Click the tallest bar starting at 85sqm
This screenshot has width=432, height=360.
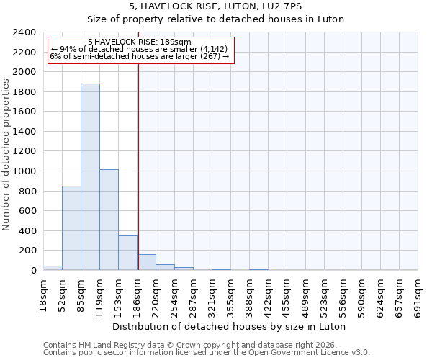tap(90, 176)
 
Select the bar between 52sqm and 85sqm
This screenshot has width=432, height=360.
tap(71, 228)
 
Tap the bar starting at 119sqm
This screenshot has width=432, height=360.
tap(109, 220)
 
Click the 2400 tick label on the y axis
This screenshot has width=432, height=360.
tap(25, 32)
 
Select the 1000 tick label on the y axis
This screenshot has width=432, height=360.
tap(25, 171)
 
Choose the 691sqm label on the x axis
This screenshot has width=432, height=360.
tap(418, 295)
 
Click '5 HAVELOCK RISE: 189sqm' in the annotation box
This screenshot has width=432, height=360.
tap(140, 42)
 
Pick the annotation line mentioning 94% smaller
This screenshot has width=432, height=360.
tap(140, 49)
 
